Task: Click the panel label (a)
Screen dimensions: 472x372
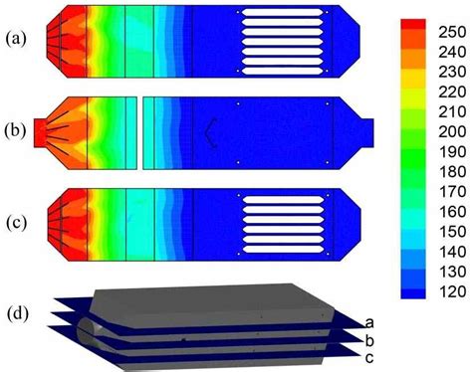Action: click(16, 39)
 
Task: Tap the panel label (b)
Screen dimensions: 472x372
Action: click(15, 131)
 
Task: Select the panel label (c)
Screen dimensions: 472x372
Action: click(16, 223)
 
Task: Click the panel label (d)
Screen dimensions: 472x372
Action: click(18, 314)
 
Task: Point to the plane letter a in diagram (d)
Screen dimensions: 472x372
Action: click(369, 322)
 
